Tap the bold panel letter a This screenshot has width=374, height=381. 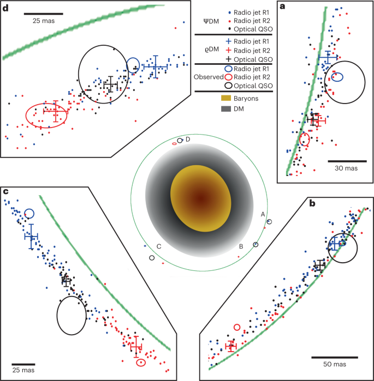283,7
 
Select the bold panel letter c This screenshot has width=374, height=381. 5,191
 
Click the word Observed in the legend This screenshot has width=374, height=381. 209,77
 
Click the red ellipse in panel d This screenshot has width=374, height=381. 46,114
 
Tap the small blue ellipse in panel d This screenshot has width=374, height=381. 133,65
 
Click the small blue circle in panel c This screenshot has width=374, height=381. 29,213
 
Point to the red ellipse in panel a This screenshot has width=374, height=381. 305,138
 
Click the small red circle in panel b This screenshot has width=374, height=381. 237,327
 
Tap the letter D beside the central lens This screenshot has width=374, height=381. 188,140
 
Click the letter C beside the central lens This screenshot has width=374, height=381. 158,247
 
